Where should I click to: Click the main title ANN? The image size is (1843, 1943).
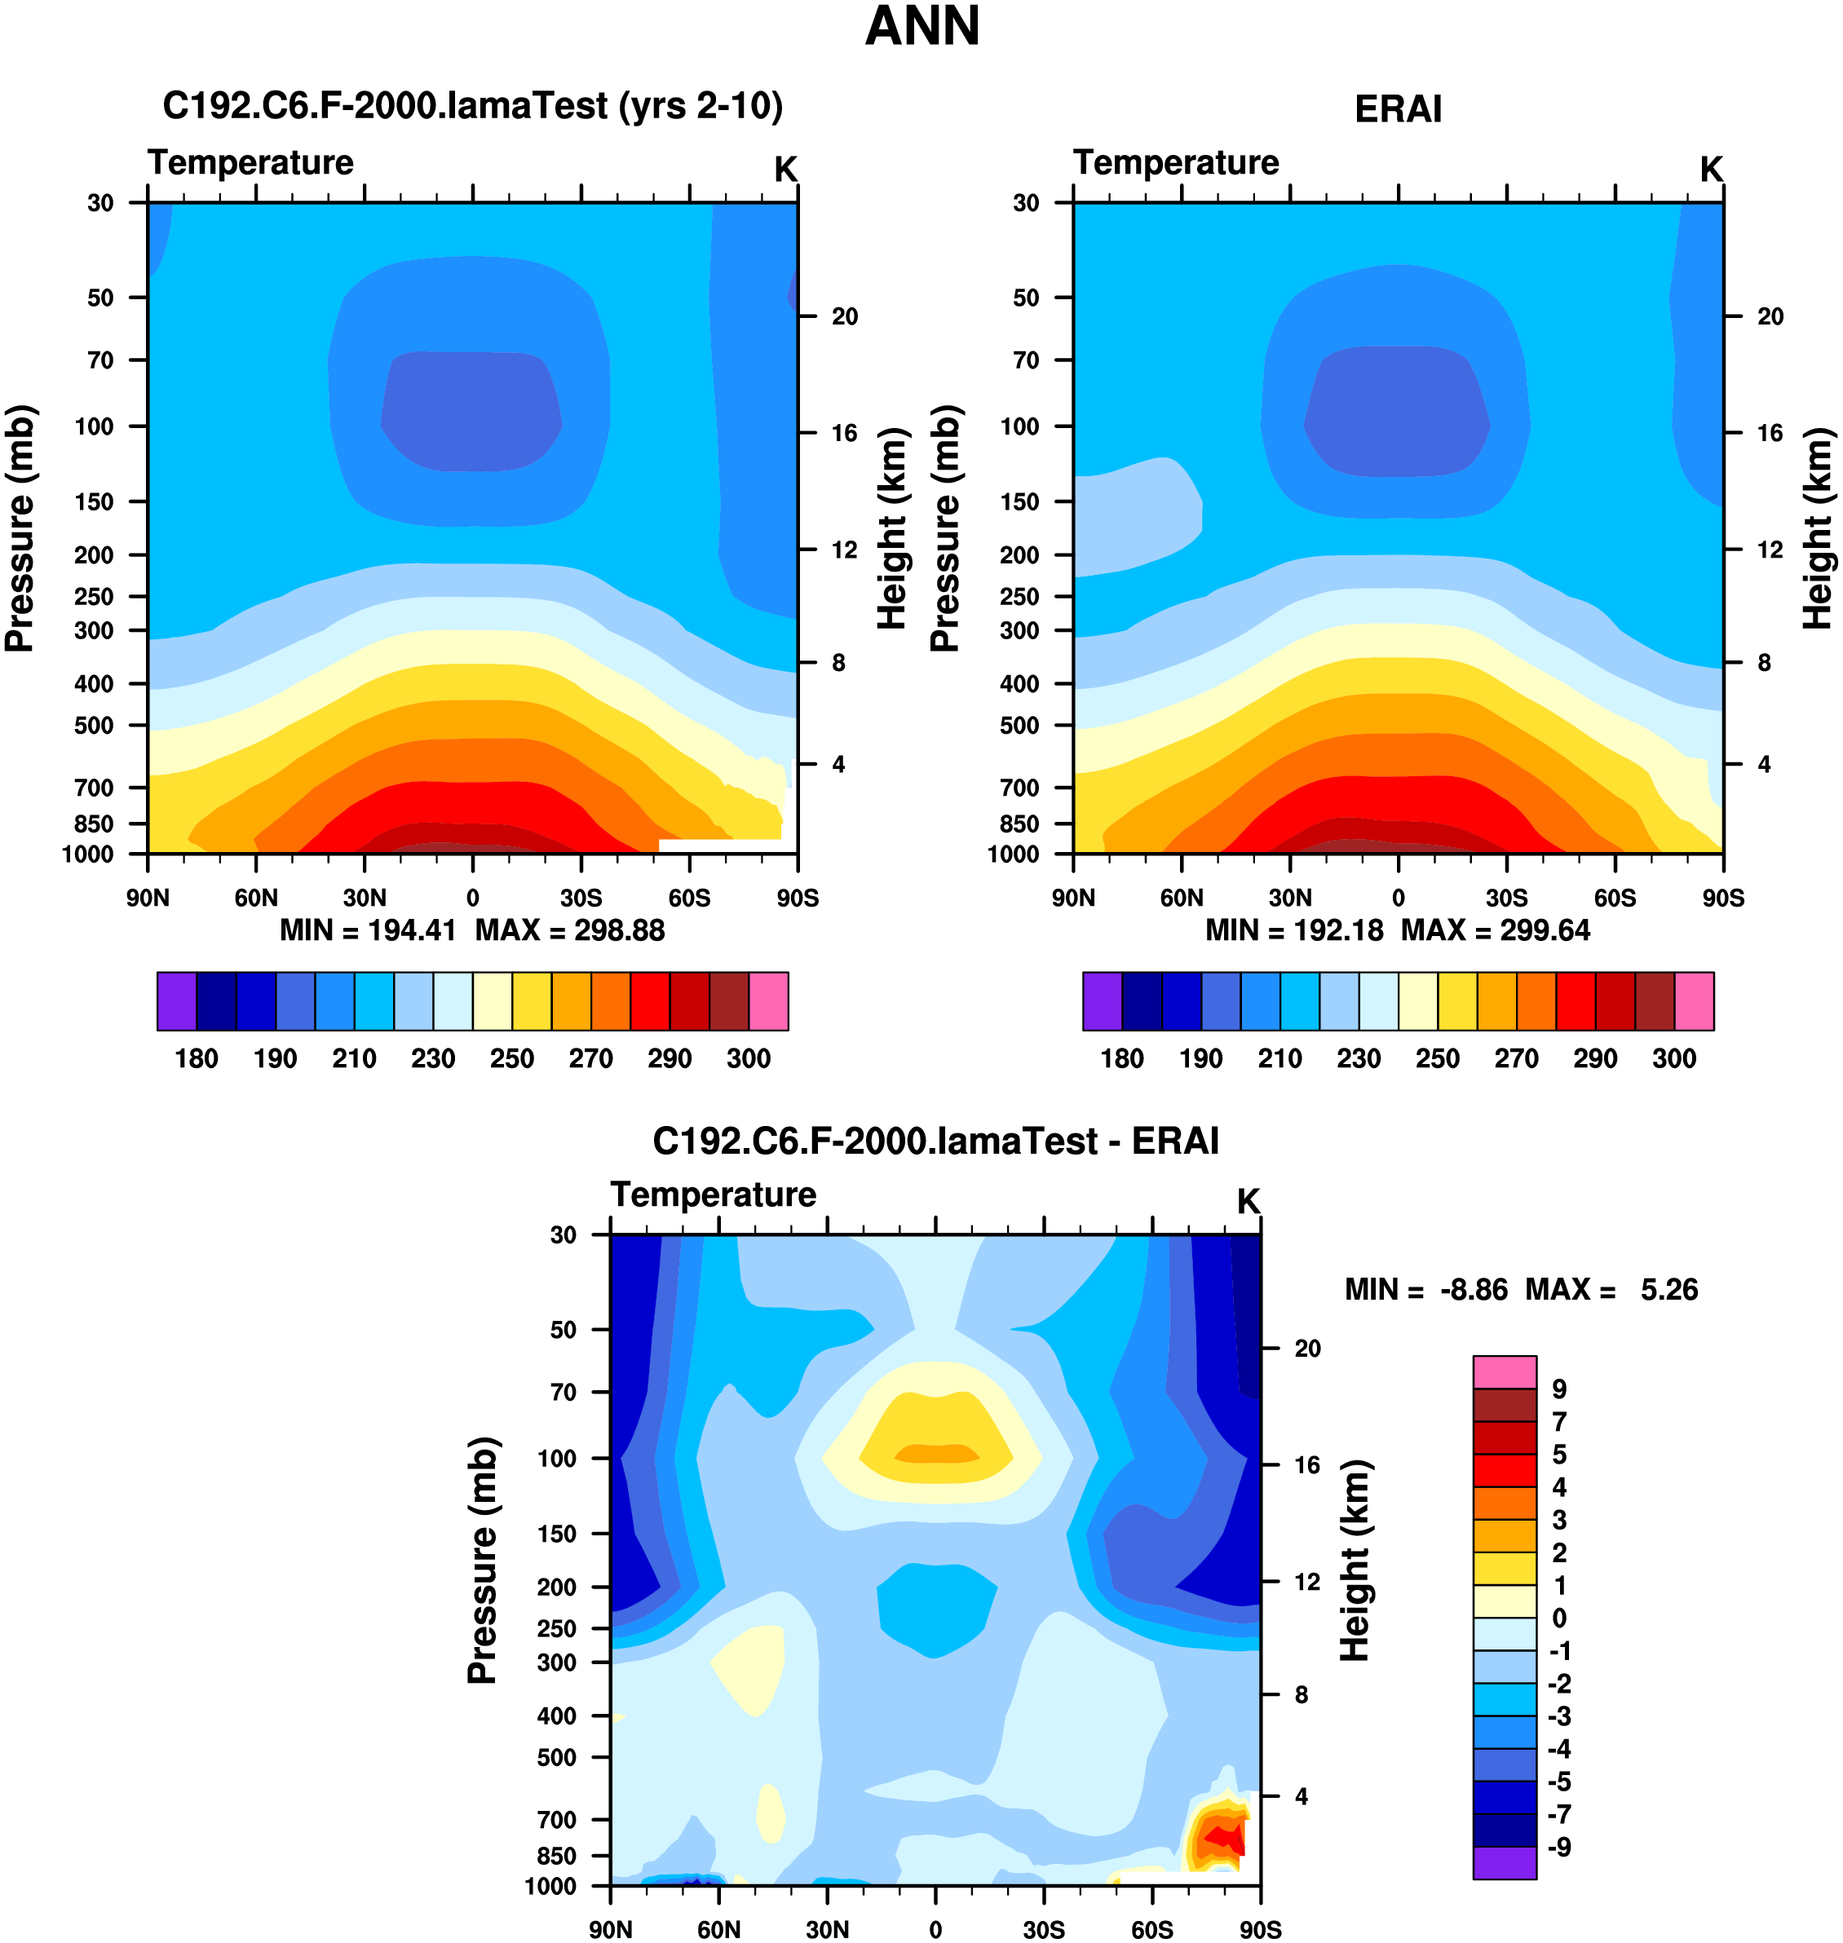click(921, 27)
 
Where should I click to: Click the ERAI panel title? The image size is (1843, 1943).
click(1397, 109)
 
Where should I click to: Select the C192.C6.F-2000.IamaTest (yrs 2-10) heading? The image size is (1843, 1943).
click(472, 106)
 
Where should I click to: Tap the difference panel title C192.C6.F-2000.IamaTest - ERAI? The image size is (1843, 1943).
click(935, 1141)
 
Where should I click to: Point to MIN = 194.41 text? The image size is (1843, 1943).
click(369, 930)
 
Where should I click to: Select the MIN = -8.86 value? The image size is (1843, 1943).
click(1425, 1290)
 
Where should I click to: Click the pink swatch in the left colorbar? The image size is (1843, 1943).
click(768, 1001)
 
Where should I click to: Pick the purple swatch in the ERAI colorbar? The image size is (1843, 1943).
click(1103, 1001)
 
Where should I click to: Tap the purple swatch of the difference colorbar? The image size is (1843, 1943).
click(1503, 1862)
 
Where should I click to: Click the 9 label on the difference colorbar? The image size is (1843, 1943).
click(1559, 1389)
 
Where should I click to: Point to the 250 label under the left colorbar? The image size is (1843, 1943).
click(512, 1058)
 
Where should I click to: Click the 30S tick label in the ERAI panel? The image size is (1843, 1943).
click(1506, 898)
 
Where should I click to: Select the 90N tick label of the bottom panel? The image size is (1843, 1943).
click(611, 1929)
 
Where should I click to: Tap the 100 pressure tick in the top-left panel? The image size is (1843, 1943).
click(95, 426)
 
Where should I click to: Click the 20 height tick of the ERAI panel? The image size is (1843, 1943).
click(1770, 316)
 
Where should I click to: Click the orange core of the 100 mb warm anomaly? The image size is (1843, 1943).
click(935, 1453)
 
